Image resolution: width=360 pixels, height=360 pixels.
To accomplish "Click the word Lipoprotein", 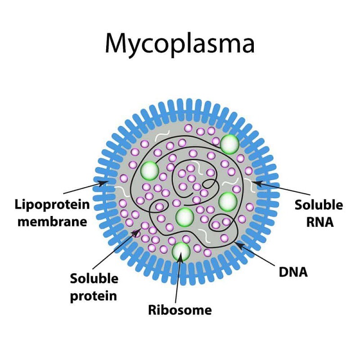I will click(x=52, y=205).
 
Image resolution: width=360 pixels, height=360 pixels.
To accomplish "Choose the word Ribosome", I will click(x=180, y=310).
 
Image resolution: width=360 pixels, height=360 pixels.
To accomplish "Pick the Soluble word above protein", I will click(x=94, y=279).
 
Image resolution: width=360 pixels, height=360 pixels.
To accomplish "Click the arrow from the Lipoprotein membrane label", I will click(x=85, y=189).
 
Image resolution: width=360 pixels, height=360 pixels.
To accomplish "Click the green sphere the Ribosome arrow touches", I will click(x=181, y=251).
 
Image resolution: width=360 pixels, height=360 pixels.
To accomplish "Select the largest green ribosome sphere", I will click(x=230, y=144).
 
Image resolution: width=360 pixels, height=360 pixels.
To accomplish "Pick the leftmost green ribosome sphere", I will click(x=149, y=171).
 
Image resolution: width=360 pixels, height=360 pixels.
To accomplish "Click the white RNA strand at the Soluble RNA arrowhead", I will click(x=250, y=184).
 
